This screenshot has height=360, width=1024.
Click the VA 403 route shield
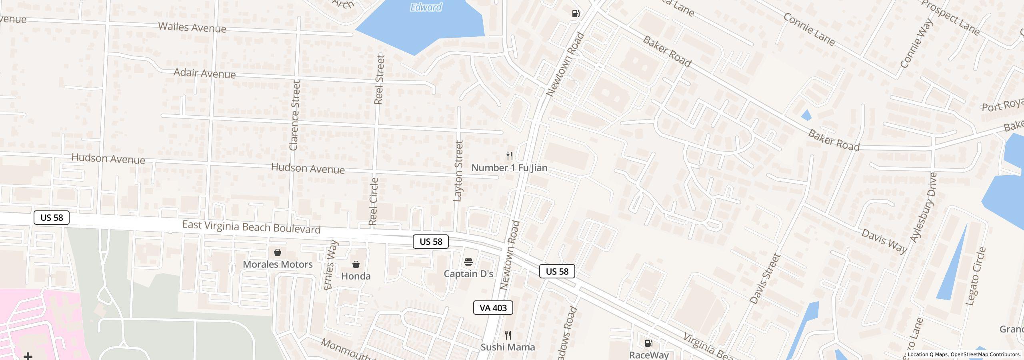[x=493, y=308]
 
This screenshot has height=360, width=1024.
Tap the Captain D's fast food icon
[x=468, y=262]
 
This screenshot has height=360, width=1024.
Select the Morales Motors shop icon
[x=277, y=252]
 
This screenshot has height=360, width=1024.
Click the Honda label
[x=356, y=276]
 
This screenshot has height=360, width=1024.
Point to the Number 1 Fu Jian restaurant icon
[x=509, y=156]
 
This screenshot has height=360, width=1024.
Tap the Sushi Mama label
[x=508, y=347]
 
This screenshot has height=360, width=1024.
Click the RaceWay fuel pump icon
[x=648, y=343]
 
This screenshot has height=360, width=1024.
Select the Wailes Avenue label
[x=192, y=28]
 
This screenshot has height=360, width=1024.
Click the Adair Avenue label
[x=204, y=74]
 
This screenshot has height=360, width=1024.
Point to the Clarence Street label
[x=295, y=115]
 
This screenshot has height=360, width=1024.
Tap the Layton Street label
[x=458, y=171]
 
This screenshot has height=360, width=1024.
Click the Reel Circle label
[x=373, y=202]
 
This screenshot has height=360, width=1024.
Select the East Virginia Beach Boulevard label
[x=251, y=227]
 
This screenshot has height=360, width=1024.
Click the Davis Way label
[x=884, y=241]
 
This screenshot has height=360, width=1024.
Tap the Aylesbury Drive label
[x=924, y=207]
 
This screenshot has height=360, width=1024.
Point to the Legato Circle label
[x=976, y=276]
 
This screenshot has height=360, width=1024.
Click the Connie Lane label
[x=809, y=30]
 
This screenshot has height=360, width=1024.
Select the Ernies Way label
[x=331, y=265]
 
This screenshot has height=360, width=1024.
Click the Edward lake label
[x=426, y=7]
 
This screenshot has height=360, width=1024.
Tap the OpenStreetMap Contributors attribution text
[x=986, y=354]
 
